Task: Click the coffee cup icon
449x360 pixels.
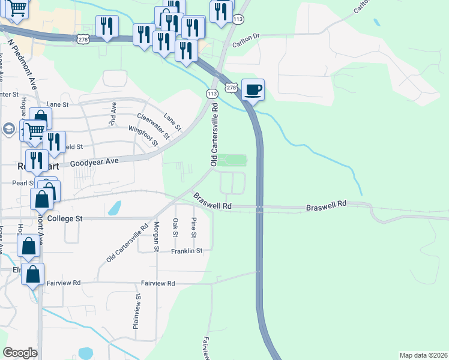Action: click(253, 90)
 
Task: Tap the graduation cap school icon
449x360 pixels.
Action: click(9, 128)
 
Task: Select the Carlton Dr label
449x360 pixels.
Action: click(246, 36)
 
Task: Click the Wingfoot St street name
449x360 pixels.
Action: click(143, 135)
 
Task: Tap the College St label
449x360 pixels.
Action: click(64, 218)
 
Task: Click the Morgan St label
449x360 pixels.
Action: click(156, 236)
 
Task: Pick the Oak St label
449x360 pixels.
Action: click(175, 229)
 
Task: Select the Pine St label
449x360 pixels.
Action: click(193, 227)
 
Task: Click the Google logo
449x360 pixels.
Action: click(20, 353)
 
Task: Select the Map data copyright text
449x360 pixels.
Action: click(423, 355)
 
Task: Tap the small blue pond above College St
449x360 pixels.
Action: click(114, 208)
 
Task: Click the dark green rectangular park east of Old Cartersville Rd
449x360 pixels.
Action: click(232, 160)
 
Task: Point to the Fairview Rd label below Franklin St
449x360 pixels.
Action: click(158, 283)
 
